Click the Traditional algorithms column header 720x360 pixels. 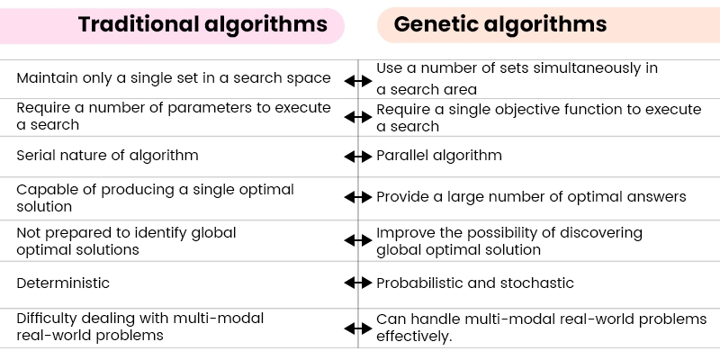pyautogui.click(x=202, y=24)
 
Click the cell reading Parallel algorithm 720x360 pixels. pyautogui.click(x=439, y=156)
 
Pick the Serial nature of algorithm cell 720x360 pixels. pyautogui.click(x=107, y=156)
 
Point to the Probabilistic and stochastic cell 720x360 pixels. pyautogui.click(x=475, y=283)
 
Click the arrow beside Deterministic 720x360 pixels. pyautogui.click(x=358, y=283)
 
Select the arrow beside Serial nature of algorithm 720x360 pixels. pyautogui.click(x=358, y=156)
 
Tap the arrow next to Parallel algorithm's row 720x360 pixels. pyautogui.click(x=358, y=156)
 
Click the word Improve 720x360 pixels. pyautogui.click(x=403, y=232)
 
